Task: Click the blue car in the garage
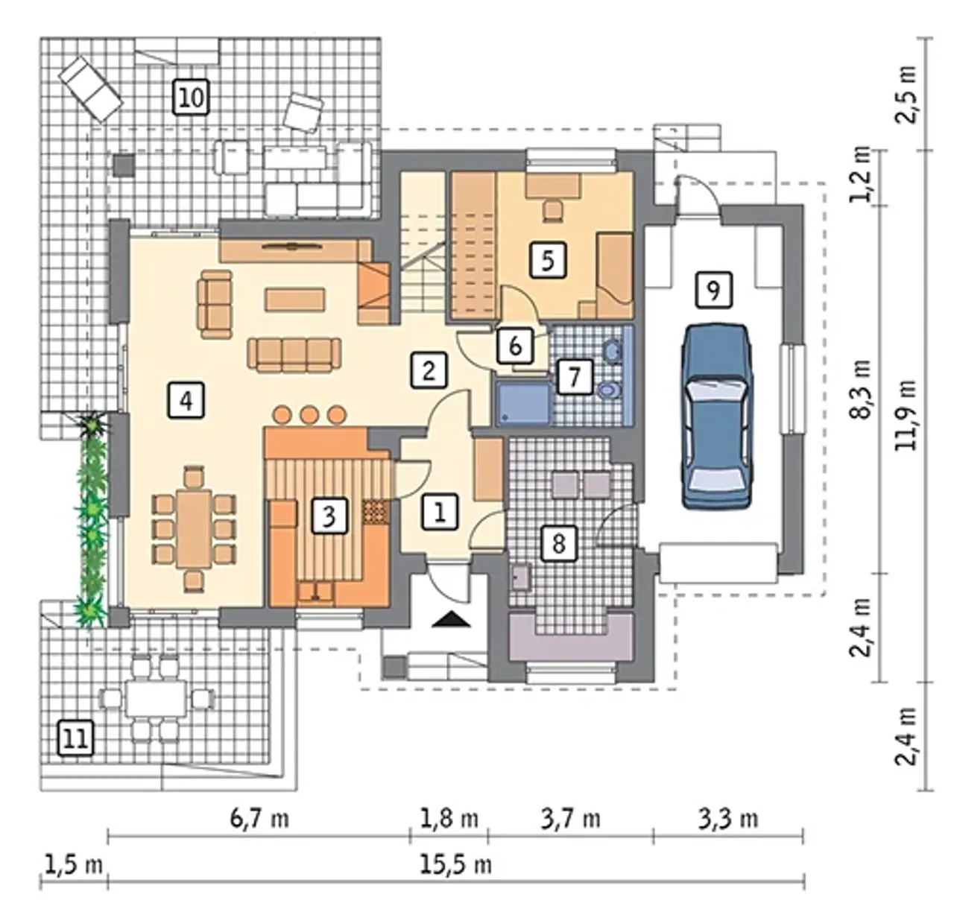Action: pos(716,416)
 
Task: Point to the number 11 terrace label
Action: pos(76,738)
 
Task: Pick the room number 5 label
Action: pos(548,260)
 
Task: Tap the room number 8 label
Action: pos(558,543)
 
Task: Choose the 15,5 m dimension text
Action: pos(456,864)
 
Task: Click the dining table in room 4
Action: pos(194,528)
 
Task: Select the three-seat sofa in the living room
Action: pos(294,355)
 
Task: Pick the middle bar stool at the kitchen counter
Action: pos(309,415)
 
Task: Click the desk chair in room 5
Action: pos(553,210)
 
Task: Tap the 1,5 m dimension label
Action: pos(74,864)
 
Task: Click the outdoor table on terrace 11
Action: pos(156,698)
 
